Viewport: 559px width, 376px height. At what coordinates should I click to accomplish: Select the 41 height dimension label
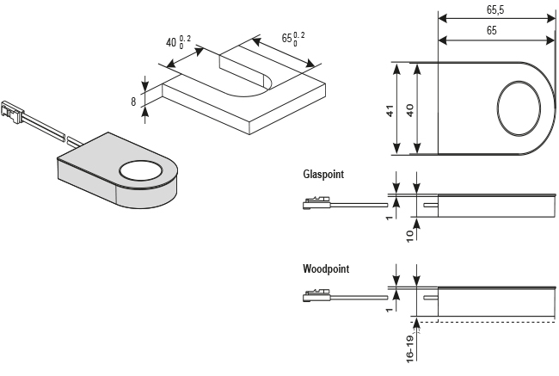pyautogui.click(x=390, y=111)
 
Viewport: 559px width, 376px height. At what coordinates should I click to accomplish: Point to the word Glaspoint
pyautogui.click(x=323, y=175)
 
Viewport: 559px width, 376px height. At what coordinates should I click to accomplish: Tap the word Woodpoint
pyautogui.click(x=326, y=269)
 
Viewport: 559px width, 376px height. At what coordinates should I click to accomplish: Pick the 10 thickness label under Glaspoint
pyautogui.click(x=411, y=235)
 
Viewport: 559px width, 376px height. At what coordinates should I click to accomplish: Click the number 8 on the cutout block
pyautogui.click(x=134, y=102)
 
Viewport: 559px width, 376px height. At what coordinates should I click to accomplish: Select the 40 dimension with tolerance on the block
pyautogui.click(x=177, y=41)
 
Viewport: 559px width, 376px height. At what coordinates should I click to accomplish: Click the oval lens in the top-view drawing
pyautogui.click(x=520, y=109)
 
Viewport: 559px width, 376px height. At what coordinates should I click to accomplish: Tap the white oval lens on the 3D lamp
pyautogui.click(x=142, y=171)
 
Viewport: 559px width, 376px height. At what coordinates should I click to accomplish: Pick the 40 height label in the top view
pyautogui.click(x=410, y=111)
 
